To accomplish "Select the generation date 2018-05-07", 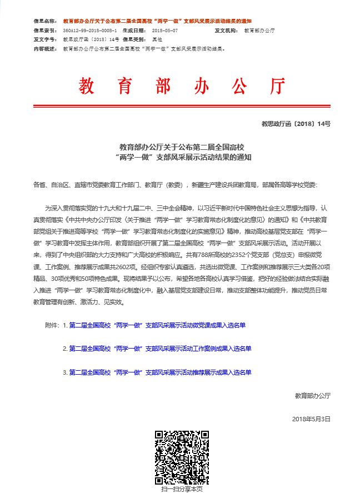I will pos(164,31).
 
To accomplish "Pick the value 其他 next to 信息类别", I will pos(157,40).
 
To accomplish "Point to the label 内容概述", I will pos(46,49).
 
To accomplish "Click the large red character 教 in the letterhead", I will pos(88,87).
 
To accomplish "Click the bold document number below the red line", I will pos(296,124).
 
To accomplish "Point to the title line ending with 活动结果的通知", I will pos(182,157).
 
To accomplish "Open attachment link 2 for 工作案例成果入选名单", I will pos(160,349).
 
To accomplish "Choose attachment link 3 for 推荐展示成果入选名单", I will pos(160,372).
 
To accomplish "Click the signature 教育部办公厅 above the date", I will pos(313,396).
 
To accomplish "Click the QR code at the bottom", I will pos(182,457).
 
